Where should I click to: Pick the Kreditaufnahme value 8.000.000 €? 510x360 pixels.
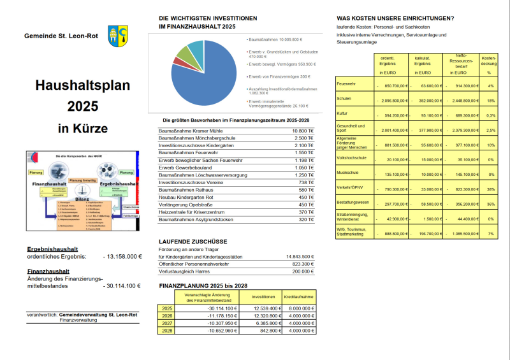298,308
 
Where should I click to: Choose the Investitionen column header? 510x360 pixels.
263,297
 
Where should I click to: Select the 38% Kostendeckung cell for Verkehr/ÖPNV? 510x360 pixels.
490,189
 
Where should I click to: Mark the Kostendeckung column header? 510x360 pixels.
490,59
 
